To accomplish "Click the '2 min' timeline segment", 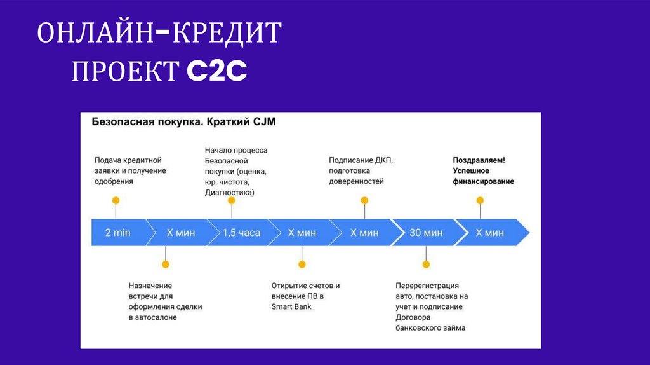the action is tap(117, 233).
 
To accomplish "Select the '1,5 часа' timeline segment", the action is tap(241, 233).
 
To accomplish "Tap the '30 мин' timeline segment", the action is tap(425, 233).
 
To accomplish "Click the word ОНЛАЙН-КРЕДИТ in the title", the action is tap(159, 33).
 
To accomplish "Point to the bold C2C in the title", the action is tap(216, 71).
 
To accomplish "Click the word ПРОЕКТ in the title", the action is tap(125, 71).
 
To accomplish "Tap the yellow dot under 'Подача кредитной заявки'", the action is tap(116, 200).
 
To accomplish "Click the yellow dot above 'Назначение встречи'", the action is tap(166, 264).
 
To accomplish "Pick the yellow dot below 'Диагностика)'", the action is tap(232, 200).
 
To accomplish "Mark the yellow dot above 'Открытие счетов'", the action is tap(302, 264).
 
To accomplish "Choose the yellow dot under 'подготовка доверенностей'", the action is tap(364, 200).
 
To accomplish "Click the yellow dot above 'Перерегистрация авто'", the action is tap(426, 264).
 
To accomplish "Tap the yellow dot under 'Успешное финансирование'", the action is tap(480, 200).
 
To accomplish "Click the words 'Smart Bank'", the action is tap(291, 306).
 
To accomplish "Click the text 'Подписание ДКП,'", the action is tap(361, 160).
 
